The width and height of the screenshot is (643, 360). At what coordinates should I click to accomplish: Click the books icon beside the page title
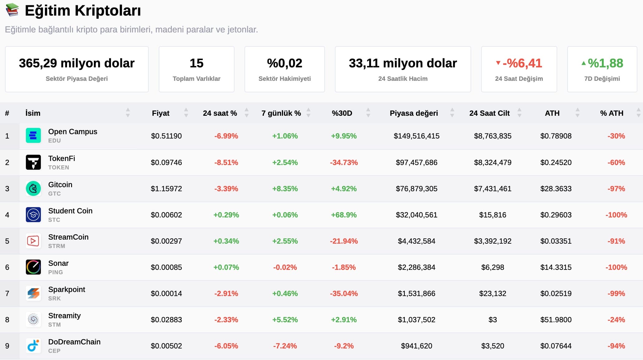click(x=12, y=10)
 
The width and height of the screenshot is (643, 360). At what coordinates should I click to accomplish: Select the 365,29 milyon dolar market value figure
click(x=76, y=63)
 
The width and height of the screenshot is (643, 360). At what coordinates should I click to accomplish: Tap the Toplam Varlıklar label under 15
click(x=196, y=79)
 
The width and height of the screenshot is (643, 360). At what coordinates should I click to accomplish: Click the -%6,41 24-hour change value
click(x=522, y=63)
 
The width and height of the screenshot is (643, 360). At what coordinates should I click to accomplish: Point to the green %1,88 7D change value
click(x=605, y=63)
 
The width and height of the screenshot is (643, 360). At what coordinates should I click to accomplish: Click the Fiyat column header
click(x=161, y=113)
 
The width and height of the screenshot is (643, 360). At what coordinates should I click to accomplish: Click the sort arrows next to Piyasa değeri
click(x=452, y=113)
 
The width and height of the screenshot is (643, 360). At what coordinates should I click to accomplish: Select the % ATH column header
click(x=612, y=113)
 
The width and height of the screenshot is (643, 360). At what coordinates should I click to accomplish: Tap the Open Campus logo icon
click(x=33, y=136)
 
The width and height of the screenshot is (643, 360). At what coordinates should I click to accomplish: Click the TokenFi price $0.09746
click(x=166, y=163)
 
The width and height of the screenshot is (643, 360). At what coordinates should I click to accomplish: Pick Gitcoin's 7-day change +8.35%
click(x=285, y=189)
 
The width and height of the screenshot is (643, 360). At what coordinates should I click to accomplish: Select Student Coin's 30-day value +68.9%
click(x=344, y=215)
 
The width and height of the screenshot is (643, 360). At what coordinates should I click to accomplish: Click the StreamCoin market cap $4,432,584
click(x=416, y=241)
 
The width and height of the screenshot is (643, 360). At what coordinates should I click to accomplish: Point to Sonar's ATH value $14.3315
click(x=556, y=267)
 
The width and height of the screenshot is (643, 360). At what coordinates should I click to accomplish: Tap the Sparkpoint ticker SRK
click(x=55, y=299)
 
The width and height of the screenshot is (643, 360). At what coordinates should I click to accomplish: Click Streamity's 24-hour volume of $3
click(x=492, y=320)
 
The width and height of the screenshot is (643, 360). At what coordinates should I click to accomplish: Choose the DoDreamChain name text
click(x=74, y=342)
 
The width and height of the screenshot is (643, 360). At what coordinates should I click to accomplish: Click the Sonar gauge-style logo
click(x=33, y=267)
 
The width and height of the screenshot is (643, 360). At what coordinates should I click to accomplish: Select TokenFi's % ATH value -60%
click(x=616, y=163)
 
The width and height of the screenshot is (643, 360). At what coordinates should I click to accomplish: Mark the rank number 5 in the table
click(x=7, y=241)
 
